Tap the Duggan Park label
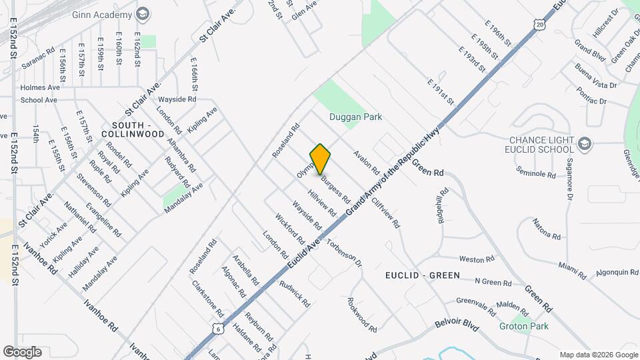point(355,117)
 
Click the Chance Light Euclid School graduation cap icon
point(585,142)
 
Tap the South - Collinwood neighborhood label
point(138,129)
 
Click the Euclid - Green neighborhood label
point(422,275)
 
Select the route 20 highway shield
point(539,25)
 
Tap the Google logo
point(22,351)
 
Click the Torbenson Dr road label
point(344,250)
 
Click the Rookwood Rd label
point(362,315)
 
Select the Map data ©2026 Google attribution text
point(599,355)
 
